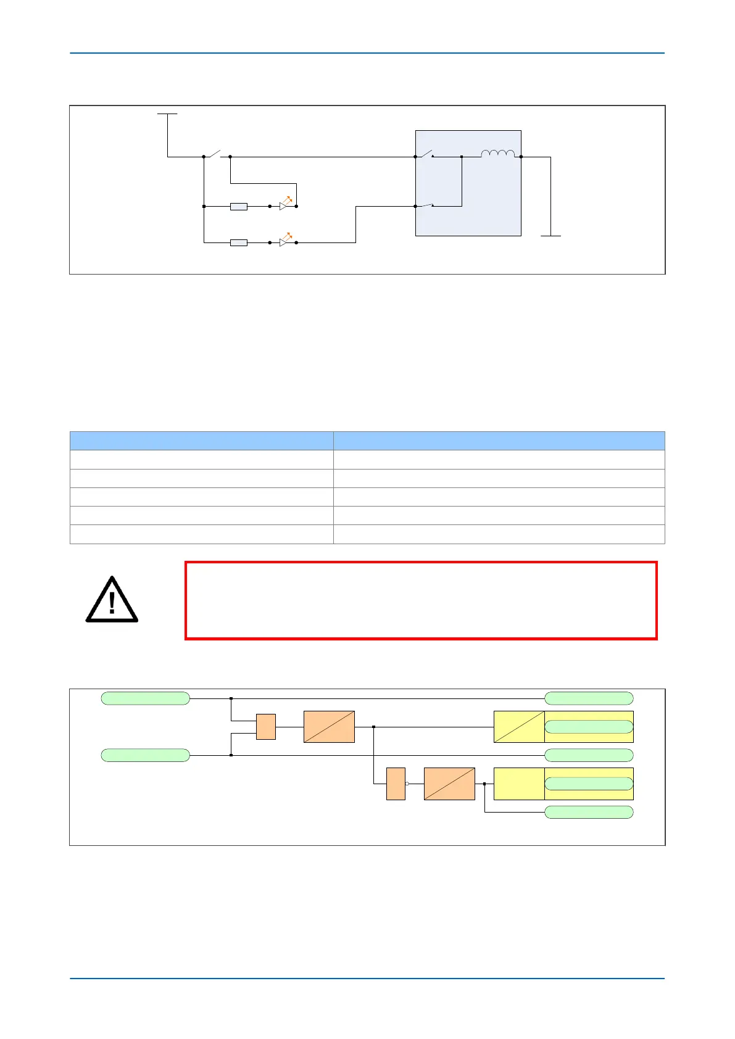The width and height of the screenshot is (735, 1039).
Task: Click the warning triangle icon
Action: click(x=112, y=599)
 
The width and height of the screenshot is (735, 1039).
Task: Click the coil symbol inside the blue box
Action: click(x=497, y=154)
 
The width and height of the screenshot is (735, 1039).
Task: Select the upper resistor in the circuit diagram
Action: click(x=239, y=207)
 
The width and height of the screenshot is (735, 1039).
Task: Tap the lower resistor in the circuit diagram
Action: click(x=239, y=243)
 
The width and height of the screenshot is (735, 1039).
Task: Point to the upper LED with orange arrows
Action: click(x=285, y=204)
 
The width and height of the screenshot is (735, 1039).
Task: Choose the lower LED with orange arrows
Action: click(x=285, y=241)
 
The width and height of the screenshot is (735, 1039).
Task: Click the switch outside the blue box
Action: click(x=216, y=154)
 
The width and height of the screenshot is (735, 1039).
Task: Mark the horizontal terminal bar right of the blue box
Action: click(x=550, y=236)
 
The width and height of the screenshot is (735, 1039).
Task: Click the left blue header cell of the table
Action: click(x=202, y=441)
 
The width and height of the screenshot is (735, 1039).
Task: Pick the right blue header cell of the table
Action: click(x=499, y=441)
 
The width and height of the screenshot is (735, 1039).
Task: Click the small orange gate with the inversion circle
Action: click(x=396, y=784)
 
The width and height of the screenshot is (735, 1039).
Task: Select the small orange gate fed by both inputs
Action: click(x=266, y=727)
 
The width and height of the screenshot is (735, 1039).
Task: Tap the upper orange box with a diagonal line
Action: click(x=329, y=727)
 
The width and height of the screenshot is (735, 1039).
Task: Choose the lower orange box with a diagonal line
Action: click(x=449, y=784)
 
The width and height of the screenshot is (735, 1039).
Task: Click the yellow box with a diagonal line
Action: click(x=519, y=727)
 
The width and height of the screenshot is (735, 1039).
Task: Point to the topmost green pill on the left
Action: click(x=145, y=698)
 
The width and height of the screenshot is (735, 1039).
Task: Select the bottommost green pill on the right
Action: click(x=589, y=812)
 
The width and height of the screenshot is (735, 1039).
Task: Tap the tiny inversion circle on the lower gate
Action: click(x=407, y=784)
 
